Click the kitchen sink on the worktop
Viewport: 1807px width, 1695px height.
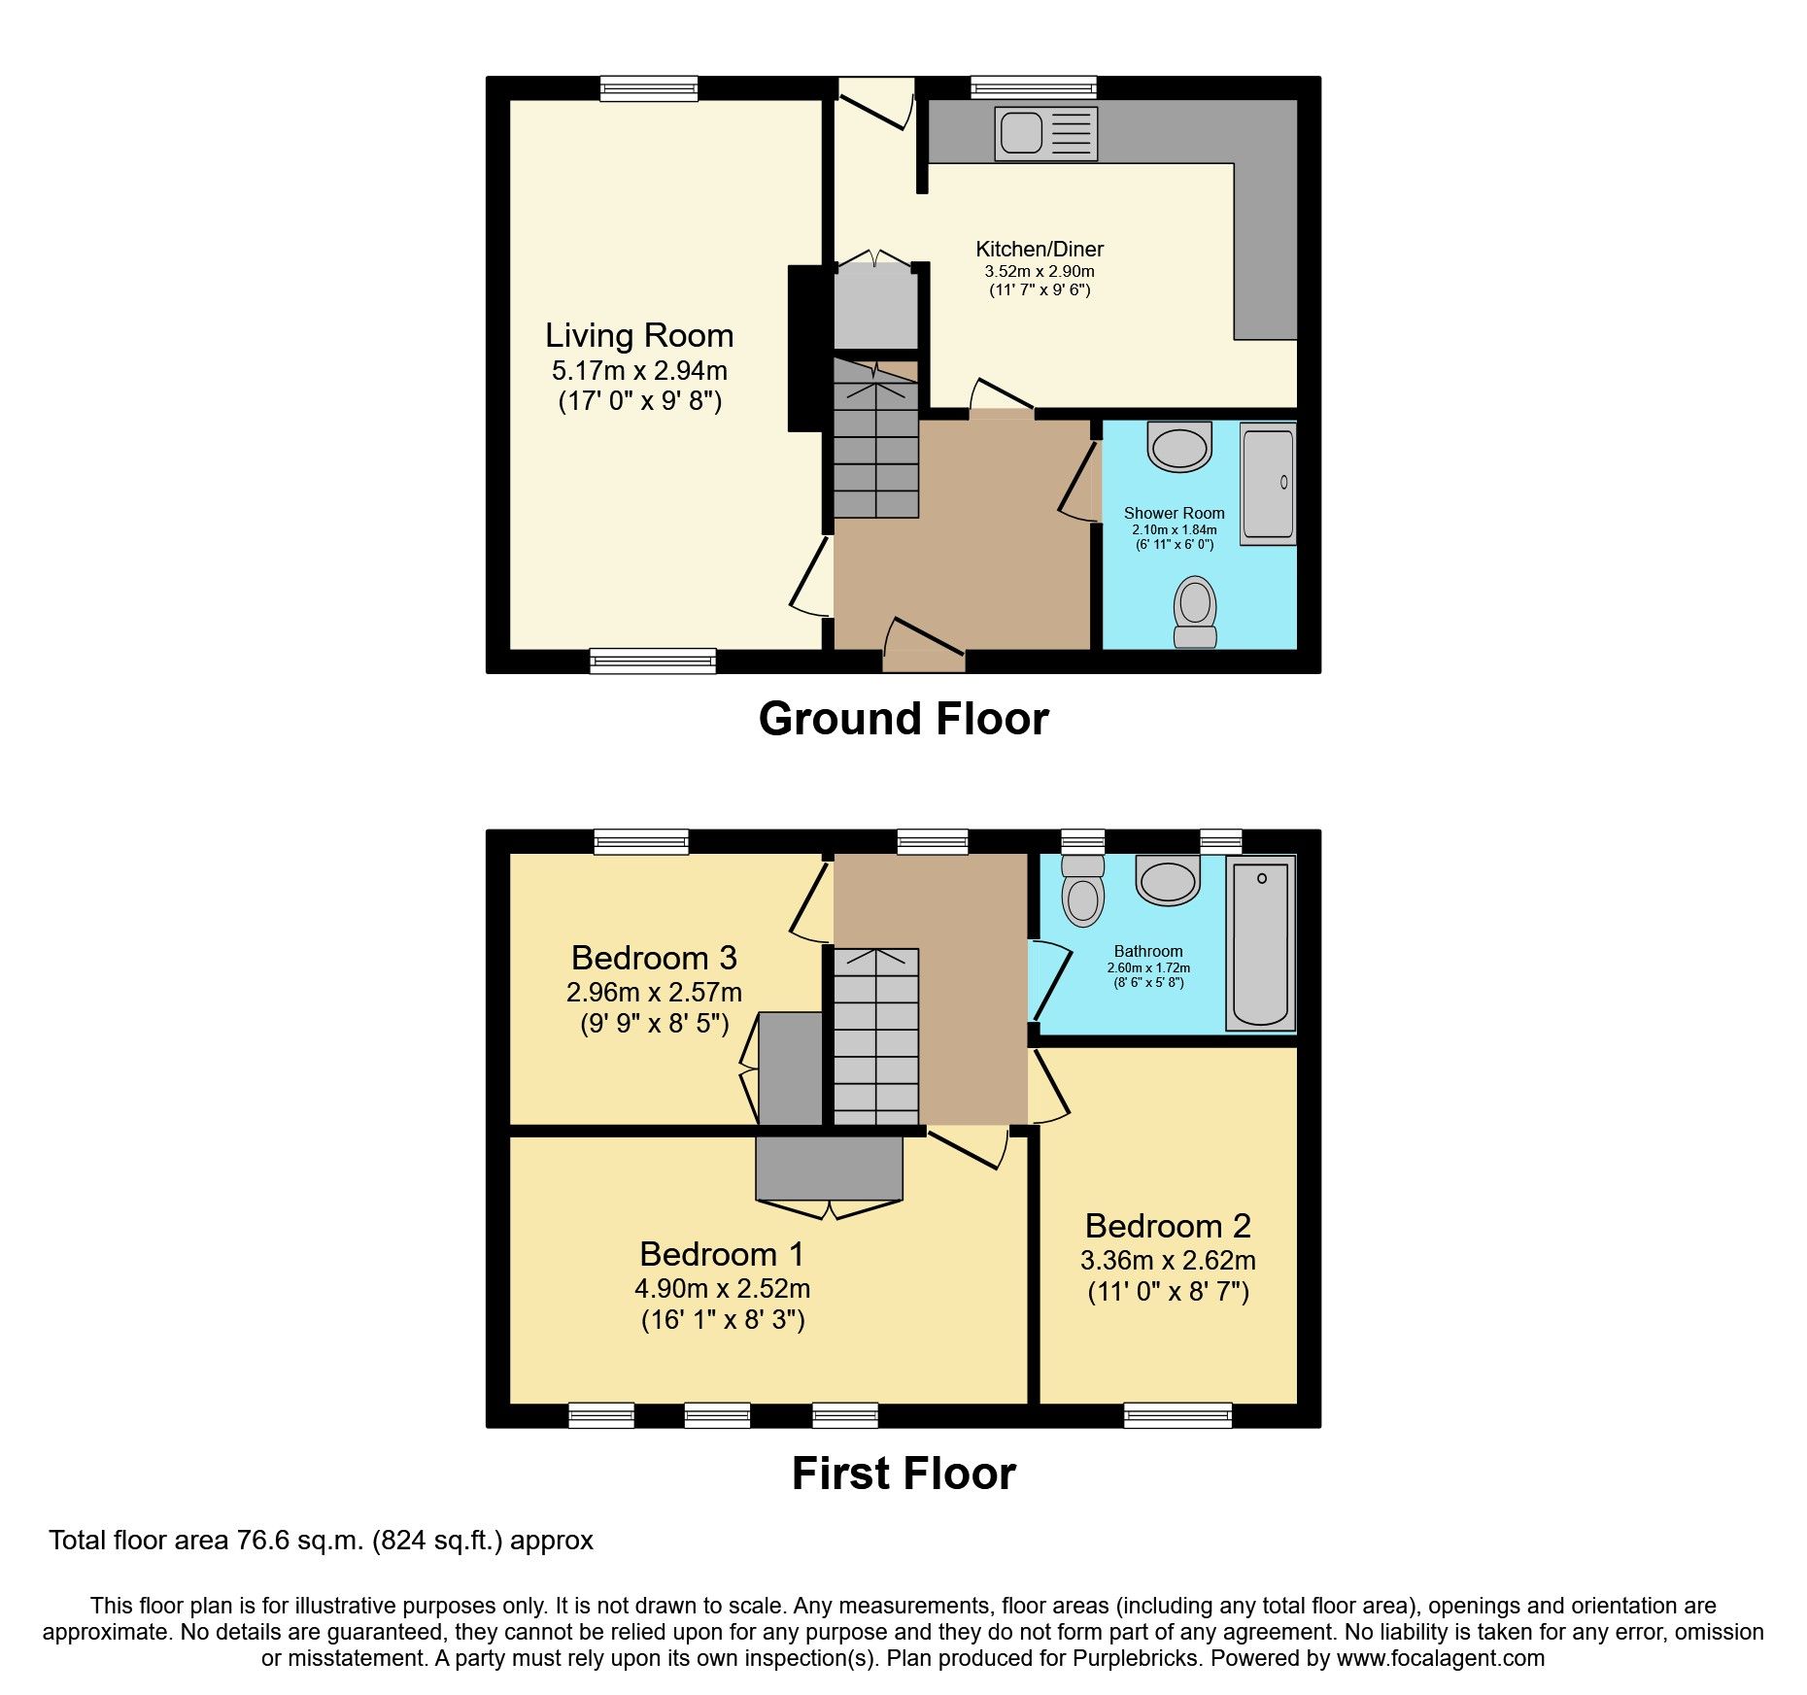[1045, 133]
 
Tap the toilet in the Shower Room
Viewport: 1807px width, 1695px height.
[1195, 611]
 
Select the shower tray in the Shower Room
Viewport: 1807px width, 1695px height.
[1268, 483]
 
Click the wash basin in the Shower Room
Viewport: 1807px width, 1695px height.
[1179, 447]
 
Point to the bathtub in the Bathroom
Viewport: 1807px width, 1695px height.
[1260, 943]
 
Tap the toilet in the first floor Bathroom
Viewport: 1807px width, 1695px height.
[1082, 893]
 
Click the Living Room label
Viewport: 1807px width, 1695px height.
[639, 336]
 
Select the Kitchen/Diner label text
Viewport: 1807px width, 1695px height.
[1040, 249]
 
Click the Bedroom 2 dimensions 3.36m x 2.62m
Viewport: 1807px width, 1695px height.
[1168, 1261]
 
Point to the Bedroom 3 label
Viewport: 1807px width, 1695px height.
[654, 958]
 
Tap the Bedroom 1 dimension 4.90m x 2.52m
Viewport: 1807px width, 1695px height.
[722, 1289]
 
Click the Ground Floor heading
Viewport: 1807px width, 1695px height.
[903, 720]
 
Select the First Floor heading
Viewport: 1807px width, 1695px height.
[903, 1474]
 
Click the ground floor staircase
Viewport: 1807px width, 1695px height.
[875, 447]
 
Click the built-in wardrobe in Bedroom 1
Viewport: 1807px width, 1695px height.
[829, 1168]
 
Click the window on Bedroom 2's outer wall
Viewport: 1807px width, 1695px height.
[1177, 1415]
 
